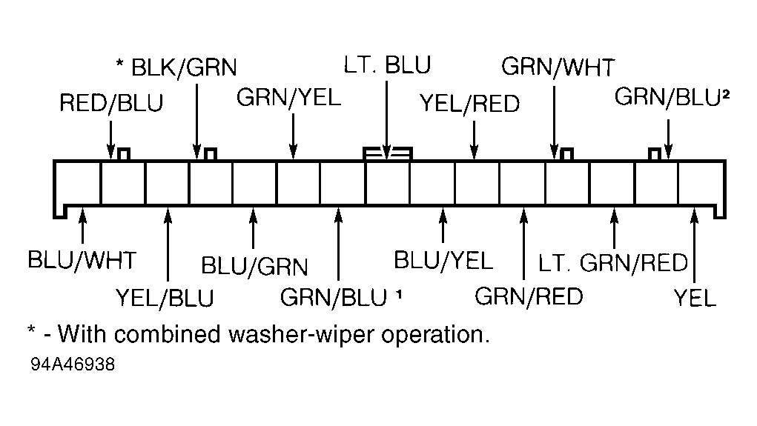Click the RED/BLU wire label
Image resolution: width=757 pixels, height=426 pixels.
pos(111,103)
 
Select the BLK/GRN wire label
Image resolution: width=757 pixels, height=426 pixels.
pos(183,68)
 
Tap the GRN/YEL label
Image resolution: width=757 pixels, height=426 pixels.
pos(289,97)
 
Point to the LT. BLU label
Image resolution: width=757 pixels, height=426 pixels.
pos(387,65)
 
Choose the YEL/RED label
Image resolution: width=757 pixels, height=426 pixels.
pos(469,103)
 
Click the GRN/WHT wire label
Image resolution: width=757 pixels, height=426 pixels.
pos(558,67)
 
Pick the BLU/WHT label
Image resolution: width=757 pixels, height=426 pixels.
pos(82,260)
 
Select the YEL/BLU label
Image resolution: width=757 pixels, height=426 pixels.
pos(165,298)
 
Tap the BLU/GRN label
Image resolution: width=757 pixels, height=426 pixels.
pos(254,265)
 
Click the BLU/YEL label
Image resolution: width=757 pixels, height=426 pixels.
pos(443,260)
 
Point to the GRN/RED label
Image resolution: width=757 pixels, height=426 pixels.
pos(529,296)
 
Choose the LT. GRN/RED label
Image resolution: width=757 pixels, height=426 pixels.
pos(613,263)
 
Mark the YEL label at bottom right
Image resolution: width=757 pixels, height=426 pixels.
pos(695,298)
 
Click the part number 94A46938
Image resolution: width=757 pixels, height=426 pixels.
pos(73,365)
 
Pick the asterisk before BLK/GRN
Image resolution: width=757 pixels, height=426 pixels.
pos(120,65)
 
